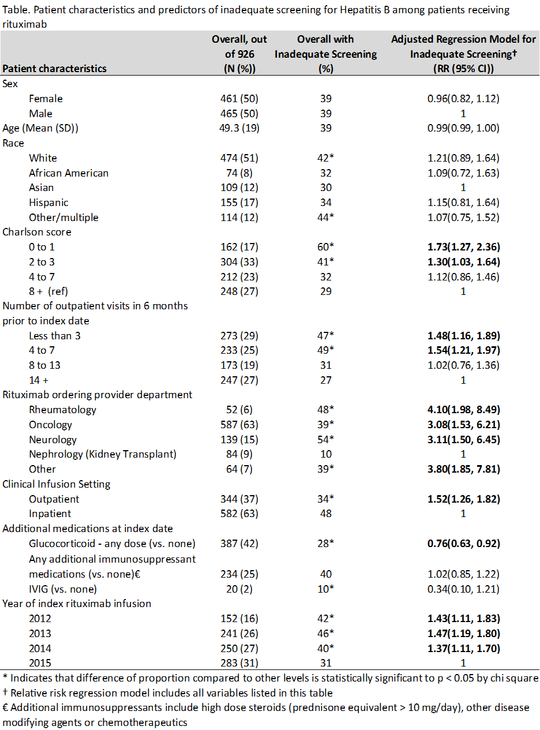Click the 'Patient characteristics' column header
(x=55, y=69)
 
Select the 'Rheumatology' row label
(x=62, y=410)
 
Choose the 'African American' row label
(x=69, y=173)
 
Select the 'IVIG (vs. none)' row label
(x=63, y=589)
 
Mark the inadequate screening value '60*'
(x=326, y=247)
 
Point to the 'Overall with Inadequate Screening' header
(x=325, y=54)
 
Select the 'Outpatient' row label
(x=54, y=499)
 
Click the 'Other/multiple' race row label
(x=63, y=218)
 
